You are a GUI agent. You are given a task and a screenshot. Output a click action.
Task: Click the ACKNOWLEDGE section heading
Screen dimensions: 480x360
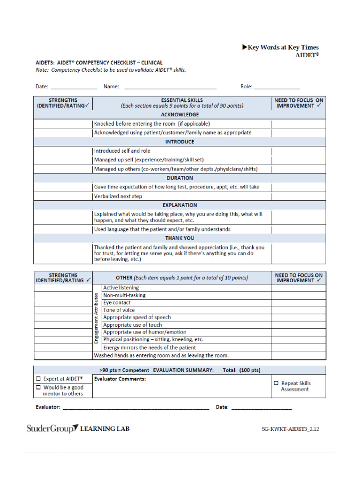click(180, 114)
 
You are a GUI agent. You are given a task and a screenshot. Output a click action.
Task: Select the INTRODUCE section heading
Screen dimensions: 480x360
click(180, 142)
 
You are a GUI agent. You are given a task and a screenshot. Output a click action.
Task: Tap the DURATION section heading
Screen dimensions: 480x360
click(180, 178)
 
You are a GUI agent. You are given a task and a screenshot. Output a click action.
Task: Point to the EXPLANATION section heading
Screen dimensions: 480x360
click(180, 205)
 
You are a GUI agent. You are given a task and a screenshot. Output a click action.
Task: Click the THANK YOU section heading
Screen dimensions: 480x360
click(180, 238)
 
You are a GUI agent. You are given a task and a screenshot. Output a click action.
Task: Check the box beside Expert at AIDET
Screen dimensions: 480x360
click(38, 378)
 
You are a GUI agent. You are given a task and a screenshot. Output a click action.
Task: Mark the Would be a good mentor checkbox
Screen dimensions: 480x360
click(38, 388)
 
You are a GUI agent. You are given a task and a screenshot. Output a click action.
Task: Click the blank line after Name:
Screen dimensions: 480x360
click(170, 87)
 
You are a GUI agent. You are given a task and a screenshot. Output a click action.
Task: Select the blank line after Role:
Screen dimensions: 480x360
click(277, 87)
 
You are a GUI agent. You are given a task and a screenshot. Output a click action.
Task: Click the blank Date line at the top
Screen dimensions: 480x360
click(74, 87)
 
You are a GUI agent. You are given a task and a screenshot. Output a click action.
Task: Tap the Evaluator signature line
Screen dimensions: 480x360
click(136, 408)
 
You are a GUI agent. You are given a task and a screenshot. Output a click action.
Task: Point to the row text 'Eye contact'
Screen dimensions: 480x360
click(117, 303)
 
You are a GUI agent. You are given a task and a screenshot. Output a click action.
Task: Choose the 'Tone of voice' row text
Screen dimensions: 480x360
click(119, 310)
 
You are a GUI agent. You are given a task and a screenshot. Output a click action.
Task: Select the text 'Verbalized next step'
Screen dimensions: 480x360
click(118, 196)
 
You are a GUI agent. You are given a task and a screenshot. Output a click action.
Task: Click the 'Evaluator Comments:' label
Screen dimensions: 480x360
click(120, 379)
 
